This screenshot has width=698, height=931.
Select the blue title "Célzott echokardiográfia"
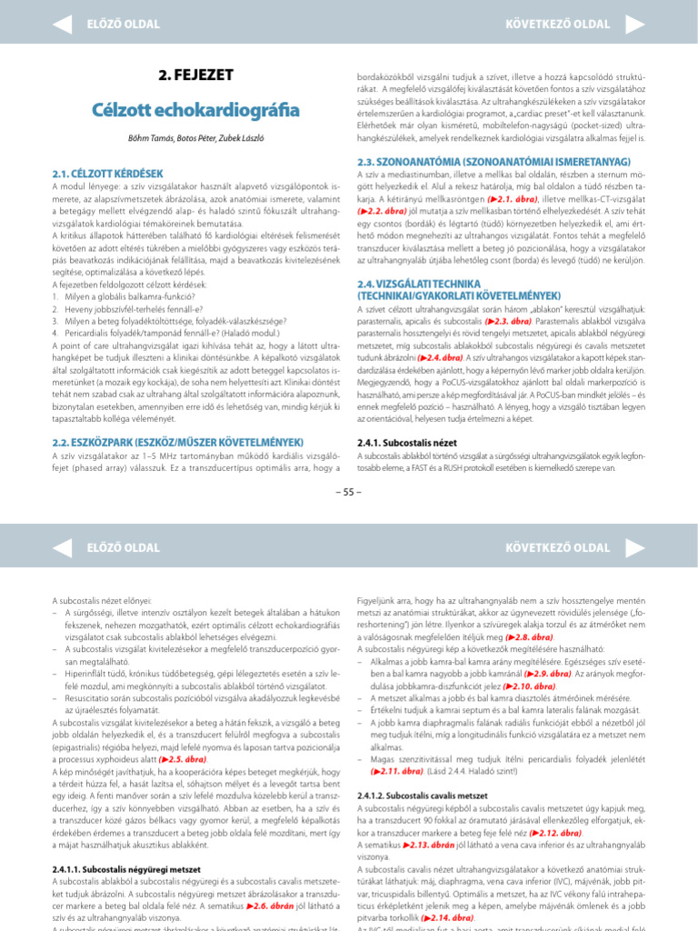195,110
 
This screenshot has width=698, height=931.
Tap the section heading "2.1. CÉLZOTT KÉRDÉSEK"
108,172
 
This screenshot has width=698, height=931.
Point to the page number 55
349,492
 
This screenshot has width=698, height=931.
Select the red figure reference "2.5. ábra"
184,757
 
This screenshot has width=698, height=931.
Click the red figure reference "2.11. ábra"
398,769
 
